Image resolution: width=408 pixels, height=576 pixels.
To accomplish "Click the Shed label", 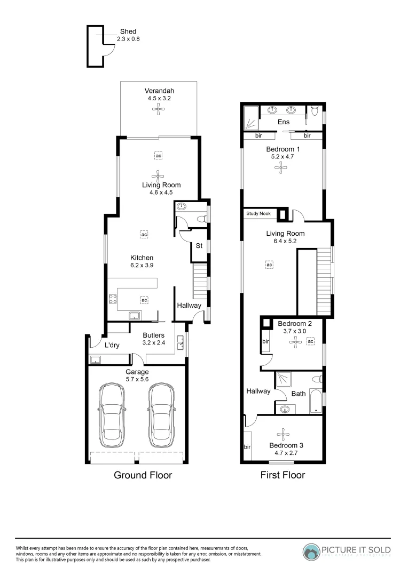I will pos(128,31).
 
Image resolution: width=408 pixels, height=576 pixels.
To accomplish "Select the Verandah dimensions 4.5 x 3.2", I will pos(159,98).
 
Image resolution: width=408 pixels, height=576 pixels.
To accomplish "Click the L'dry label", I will pos(112,346).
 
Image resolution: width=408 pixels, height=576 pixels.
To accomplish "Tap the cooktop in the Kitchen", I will pos(113,299).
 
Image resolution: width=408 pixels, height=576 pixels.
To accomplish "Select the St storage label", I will pos(199,246).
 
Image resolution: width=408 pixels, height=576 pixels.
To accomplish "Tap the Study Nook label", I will pos(258,214).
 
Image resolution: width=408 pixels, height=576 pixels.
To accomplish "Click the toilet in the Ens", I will pos(315,111).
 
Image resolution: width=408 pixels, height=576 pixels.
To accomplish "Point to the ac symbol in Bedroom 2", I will pos(311,341).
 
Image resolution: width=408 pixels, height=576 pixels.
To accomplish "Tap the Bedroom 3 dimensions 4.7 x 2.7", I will pos(283,453).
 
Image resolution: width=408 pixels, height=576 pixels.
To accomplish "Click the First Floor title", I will pos(282,475).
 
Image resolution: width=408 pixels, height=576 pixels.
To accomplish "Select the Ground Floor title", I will pos(143,475).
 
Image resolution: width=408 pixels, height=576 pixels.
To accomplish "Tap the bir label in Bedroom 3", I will pos(247,446).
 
